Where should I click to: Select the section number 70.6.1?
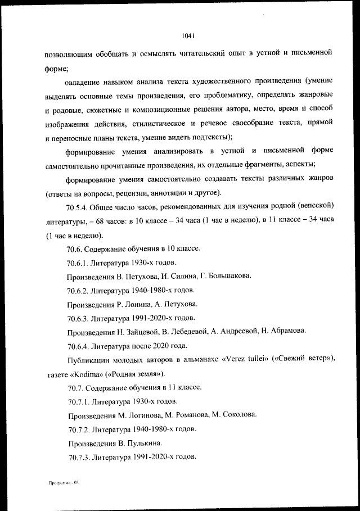[x=79, y=263]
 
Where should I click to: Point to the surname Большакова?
[x=227, y=276]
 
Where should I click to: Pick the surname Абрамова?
[x=285, y=332]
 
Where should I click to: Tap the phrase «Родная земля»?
[x=125, y=374]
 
